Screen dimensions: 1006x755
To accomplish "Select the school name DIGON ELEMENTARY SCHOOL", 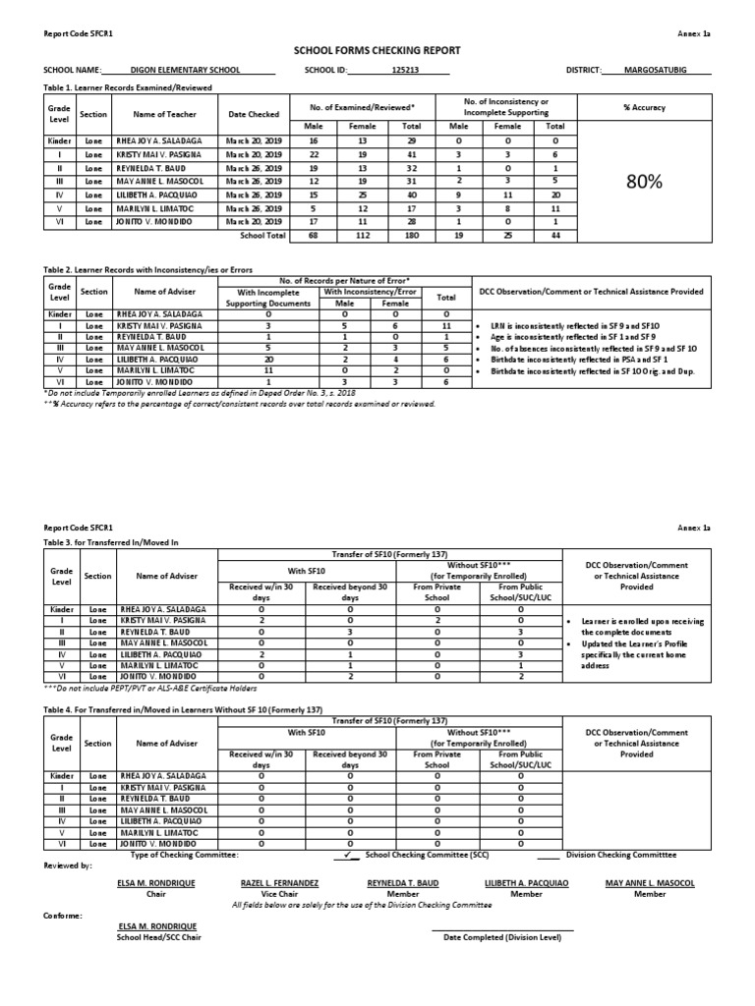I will (189, 71).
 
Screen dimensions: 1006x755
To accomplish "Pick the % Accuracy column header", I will (643, 107).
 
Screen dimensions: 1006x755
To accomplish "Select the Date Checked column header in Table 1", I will (253, 115).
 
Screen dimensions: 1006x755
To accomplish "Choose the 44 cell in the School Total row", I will (554, 236).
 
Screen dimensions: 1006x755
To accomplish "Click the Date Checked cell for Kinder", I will (253, 141).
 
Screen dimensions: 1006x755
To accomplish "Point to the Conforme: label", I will (63, 916).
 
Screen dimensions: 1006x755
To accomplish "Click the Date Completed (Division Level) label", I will (502, 937).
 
